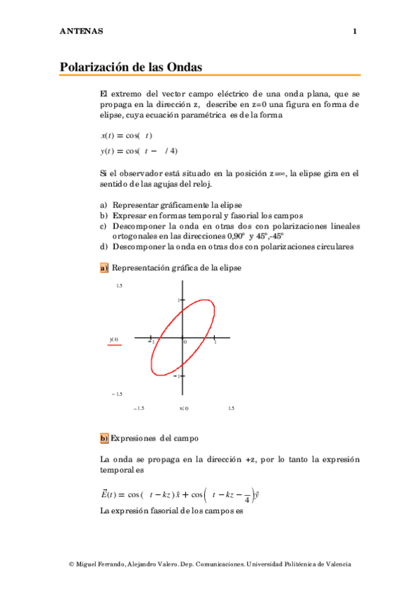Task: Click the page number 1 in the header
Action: pos(355,31)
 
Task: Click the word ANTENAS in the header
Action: pos(81,31)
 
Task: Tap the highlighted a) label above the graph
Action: pos(104,267)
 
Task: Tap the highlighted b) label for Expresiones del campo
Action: pos(104,438)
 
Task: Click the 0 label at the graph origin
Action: pos(185,342)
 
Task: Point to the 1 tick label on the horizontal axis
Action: pos(215,342)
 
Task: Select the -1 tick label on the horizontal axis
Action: pos(151,342)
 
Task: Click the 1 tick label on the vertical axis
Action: pos(178,300)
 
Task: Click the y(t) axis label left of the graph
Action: pos(114,340)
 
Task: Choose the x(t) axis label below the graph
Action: pos(184,408)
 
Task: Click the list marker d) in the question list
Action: pos(104,246)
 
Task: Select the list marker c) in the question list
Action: pos(104,226)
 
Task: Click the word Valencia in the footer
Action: pos(336,564)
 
